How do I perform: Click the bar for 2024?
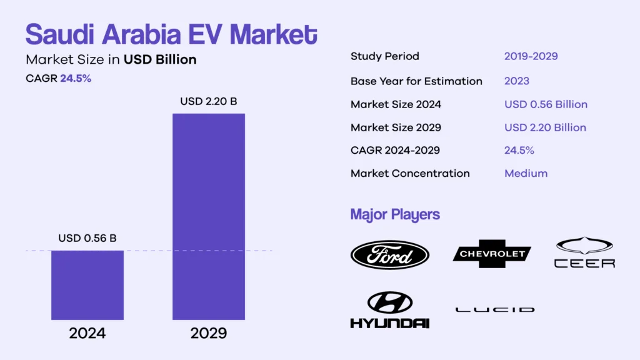pyautogui.click(x=87, y=285)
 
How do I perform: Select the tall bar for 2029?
pyautogui.click(x=209, y=216)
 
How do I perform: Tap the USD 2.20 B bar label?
pyautogui.click(x=209, y=101)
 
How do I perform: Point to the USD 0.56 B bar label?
pyautogui.click(x=87, y=238)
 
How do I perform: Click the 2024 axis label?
pyautogui.click(x=87, y=333)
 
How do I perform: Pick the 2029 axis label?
pyautogui.click(x=209, y=333)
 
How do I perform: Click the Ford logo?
pyautogui.click(x=389, y=255)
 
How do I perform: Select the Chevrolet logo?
pyautogui.click(x=492, y=254)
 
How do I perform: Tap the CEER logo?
pyautogui.click(x=584, y=253)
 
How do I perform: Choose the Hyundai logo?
pyautogui.click(x=389, y=310)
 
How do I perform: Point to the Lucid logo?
pyautogui.click(x=495, y=309)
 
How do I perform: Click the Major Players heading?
pyautogui.click(x=395, y=215)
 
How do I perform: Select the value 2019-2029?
pyautogui.click(x=531, y=56)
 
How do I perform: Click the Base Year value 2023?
pyautogui.click(x=517, y=81)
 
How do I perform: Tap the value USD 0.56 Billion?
pyautogui.click(x=546, y=104)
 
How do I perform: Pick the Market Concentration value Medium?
pyautogui.click(x=526, y=173)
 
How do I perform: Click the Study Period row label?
pyautogui.click(x=384, y=56)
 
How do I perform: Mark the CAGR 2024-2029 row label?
pyautogui.click(x=395, y=150)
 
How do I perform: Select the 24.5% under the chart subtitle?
pyautogui.click(x=76, y=79)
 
